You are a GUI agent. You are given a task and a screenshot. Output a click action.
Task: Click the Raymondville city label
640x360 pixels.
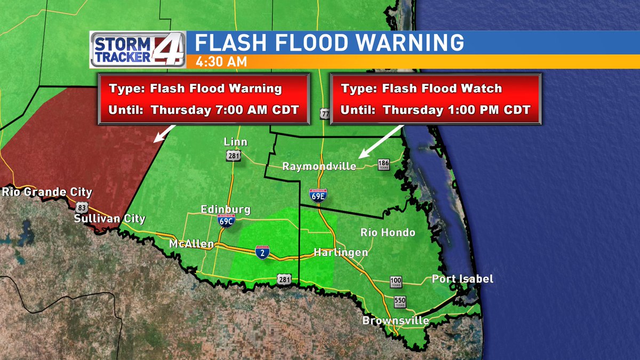coord(319,166)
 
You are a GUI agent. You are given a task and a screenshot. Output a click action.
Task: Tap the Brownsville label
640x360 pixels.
coord(396,321)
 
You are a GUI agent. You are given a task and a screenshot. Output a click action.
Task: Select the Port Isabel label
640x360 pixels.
coord(462,279)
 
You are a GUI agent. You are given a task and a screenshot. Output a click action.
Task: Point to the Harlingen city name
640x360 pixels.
coord(340,252)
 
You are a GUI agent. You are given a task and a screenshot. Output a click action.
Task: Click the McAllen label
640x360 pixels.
coord(191,244)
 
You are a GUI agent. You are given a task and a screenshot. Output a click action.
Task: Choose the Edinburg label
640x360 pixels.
coord(226,210)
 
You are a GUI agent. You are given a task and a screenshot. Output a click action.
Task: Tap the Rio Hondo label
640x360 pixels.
coord(388,233)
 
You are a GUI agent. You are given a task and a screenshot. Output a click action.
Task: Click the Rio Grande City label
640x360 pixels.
coord(47,192)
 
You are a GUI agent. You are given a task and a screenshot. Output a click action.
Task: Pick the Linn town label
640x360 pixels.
coord(236,141)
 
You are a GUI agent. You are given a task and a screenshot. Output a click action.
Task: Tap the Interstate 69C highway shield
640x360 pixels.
coord(226,221)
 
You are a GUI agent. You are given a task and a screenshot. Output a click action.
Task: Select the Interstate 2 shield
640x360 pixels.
coord(261,252)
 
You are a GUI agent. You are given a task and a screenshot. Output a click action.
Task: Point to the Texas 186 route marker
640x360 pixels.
coord(383,164)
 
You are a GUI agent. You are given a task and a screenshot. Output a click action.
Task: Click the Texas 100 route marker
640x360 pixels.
coord(396,281)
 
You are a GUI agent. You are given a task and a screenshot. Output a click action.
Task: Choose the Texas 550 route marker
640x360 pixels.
coord(400,301)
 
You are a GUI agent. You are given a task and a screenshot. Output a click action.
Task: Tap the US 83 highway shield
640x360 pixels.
coord(82,207)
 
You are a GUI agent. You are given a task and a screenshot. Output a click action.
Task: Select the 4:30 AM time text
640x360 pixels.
coord(221,62)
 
